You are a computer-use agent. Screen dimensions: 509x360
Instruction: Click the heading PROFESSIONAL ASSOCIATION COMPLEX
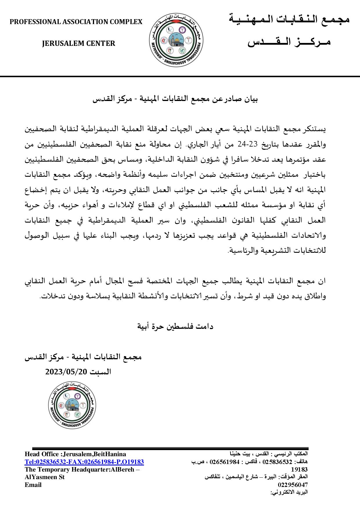(x=76, y=22)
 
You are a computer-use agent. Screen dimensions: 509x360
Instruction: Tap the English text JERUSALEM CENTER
(x=78, y=44)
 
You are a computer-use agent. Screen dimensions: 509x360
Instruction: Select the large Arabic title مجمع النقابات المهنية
(x=289, y=19)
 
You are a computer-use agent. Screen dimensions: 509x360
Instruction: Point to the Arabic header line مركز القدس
(x=289, y=42)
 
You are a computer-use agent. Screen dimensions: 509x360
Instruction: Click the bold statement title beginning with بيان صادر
(x=175, y=99)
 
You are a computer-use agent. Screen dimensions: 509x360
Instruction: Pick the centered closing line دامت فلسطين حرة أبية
(x=175, y=326)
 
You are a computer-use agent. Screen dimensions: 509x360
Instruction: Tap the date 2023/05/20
(x=66, y=372)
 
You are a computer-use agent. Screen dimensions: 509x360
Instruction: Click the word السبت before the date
(x=100, y=372)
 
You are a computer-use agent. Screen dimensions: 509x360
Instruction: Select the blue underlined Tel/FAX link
(x=84, y=462)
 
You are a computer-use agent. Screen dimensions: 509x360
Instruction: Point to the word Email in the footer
(x=33, y=485)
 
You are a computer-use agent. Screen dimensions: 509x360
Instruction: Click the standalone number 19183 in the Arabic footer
(x=299, y=470)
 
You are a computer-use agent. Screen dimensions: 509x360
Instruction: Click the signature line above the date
(x=83, y=357)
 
